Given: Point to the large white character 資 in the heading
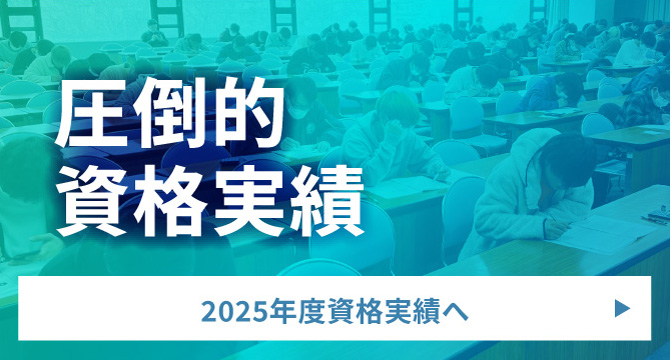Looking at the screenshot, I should (96, 204).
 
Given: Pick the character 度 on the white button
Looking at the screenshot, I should (307, 311).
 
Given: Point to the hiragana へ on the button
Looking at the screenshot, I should (455, 311).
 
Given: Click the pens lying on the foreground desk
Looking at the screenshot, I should (655, 216).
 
